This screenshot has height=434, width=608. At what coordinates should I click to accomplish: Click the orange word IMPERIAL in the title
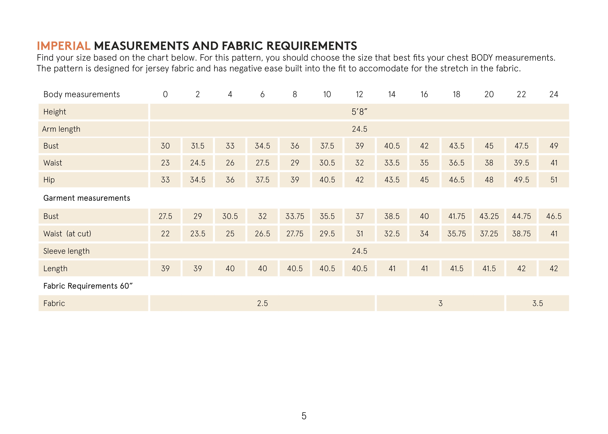(x=64, y=46)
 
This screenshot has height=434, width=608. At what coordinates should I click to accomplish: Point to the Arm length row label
(x=61, y=129)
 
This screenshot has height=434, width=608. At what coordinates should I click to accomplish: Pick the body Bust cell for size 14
(x=392, y=146)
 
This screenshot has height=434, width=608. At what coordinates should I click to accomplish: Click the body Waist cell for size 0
(x=165, y=163)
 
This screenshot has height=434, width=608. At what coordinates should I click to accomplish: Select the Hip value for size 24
(x=554, y=180)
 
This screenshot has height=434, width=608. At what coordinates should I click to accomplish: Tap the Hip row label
(x=49, y=180)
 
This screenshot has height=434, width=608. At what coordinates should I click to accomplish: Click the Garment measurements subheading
(x=87, y=198)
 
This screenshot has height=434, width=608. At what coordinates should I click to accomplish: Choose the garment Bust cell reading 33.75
(x=295, y=216)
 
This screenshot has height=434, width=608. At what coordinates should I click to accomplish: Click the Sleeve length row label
(x=66, y=251)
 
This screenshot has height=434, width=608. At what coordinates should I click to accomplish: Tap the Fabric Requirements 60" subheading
(x=88, y=286)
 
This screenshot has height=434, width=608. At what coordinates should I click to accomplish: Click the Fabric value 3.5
(x=538, y=303)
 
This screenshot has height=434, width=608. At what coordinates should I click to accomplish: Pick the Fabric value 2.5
(x=262, y=303)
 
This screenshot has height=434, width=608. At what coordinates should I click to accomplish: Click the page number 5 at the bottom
(x=304, y=416)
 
